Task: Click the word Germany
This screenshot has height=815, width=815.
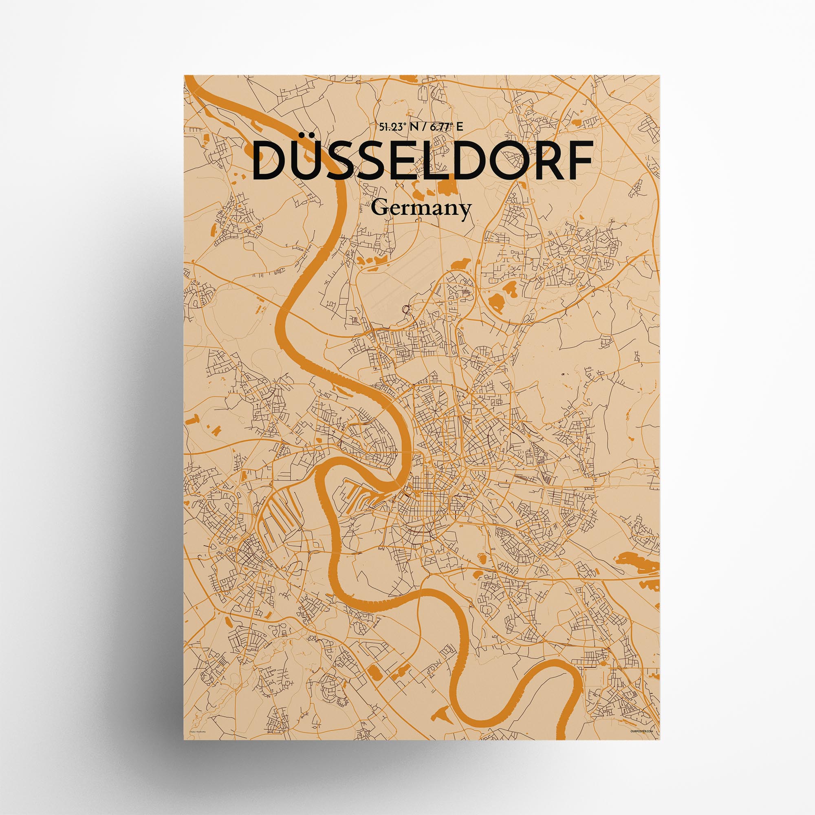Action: coord(421,209)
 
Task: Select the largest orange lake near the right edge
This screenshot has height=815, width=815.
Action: coord(637,562)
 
